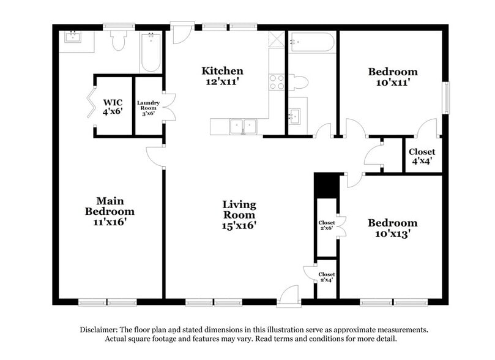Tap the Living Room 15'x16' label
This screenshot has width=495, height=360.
(x=239, y=215)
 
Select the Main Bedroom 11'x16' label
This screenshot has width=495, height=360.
(x=110, y=211)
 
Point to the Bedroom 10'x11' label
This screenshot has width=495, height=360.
(x=392, y=77)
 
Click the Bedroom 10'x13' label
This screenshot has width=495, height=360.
(x=392, y=228)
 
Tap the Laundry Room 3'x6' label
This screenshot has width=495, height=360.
(x=148, y=108)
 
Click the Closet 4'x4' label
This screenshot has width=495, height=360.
(x=422, y=157)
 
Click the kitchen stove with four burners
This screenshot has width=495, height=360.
(x=277, y=82)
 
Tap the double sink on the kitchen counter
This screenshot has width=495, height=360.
(x=243, y=127)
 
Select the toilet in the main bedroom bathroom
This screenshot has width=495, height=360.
(x=118, y=40)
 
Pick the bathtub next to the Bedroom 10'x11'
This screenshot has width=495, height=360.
(x=312, y=42)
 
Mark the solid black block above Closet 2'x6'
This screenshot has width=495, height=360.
(x=326, y=185)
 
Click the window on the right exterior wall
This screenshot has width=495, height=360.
(x=446, y=98)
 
